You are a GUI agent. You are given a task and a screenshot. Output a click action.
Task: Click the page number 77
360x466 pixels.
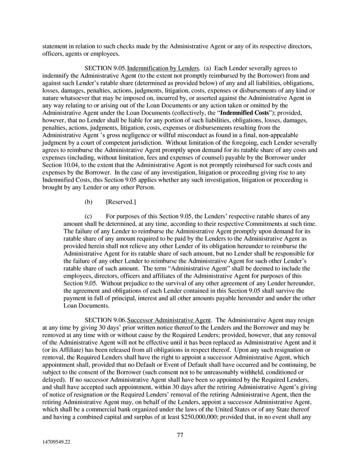click(x=180, y=435)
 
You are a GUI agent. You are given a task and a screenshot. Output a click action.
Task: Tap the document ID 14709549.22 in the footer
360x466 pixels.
click(x=54, y=443)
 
